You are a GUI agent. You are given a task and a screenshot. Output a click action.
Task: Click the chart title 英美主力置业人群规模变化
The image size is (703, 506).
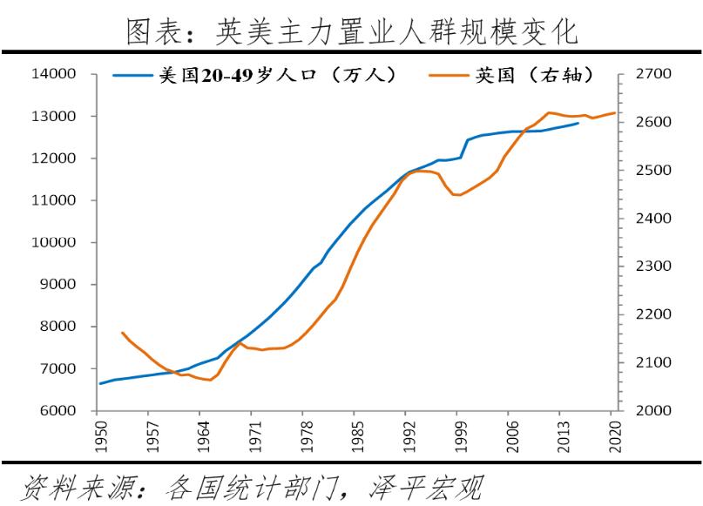pos(352,32)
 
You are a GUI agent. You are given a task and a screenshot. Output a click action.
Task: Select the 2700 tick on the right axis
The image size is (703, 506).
pos(653,74)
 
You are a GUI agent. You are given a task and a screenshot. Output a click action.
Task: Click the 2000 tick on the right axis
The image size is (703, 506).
pos(653,410)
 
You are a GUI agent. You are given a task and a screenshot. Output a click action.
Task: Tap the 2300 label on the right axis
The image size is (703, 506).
pos(653,266)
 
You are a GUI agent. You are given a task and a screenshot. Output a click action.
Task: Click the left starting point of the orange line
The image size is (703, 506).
pos(122,333)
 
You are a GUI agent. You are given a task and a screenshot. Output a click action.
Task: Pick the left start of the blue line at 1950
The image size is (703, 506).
pos(98,383)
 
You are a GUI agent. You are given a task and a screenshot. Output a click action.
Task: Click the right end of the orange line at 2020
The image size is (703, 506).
pos(615,112)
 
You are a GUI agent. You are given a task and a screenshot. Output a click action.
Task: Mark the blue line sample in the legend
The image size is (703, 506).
pos(132,76)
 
